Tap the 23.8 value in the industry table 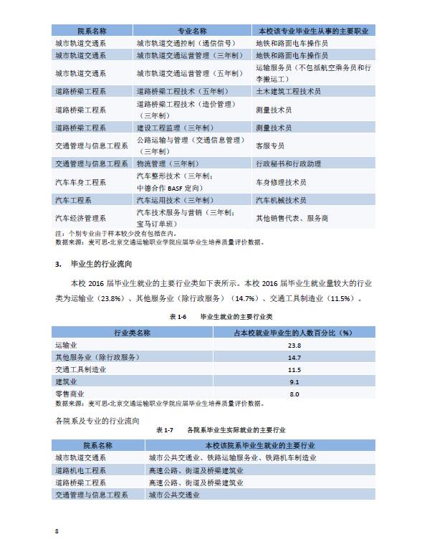tap(294, 346)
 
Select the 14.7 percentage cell tap(294, 358)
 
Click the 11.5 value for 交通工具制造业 tap(294, 370)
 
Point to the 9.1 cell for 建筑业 tap(294, 382)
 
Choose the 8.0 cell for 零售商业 tap(294, 394)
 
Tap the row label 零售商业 tap(69, 394)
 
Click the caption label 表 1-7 tap(165, 430)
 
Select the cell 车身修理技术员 tap(282, 182)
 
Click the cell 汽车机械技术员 tap(282, 200)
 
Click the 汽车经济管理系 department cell tap(80, 218)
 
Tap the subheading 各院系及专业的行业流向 tap(97, 419)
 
